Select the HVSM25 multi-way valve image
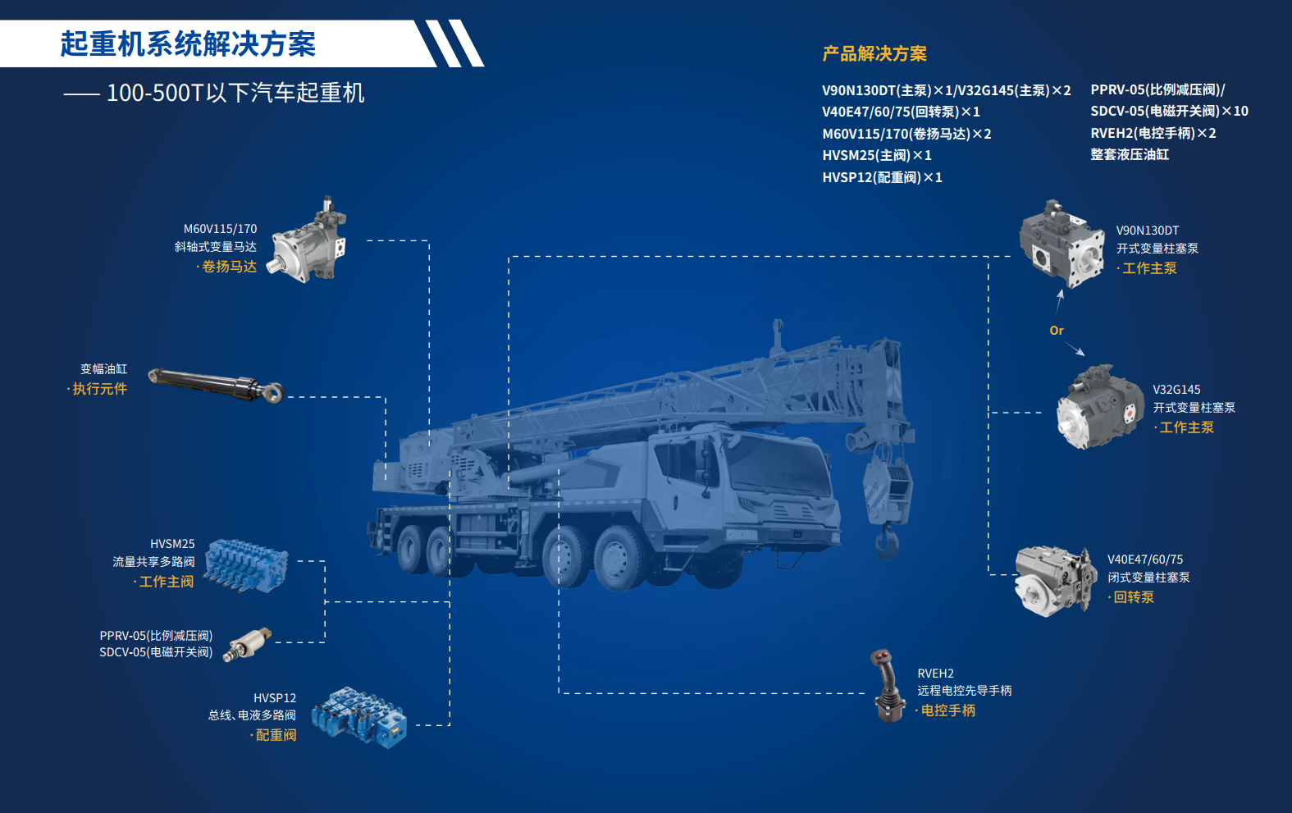[246, 565]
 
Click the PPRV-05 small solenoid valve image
[248, 645]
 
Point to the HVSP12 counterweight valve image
[358, 716]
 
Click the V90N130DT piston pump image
[1061, 244]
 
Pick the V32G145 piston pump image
[1099, 407]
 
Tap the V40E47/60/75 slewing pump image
[1056, 582]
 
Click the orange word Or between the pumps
[1056, 331]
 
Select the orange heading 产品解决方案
[874, 53]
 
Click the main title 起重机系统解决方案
[188, 43]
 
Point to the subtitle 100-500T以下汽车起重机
[235, 93]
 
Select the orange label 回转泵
[1131, 597]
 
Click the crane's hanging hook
[887, 542]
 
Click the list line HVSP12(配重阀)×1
[882, 177]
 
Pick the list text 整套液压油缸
[1130, 154]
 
